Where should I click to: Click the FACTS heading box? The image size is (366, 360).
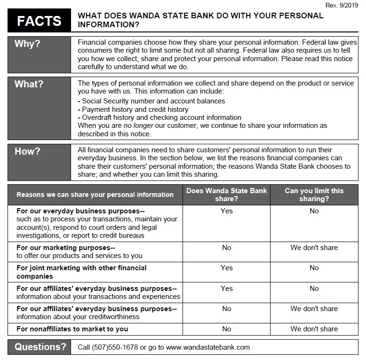(x=39, y=20)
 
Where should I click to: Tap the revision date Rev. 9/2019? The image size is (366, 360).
(x=342, y=5)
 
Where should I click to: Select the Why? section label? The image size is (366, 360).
(x=27, y=44)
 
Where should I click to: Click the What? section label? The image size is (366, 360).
(x=29, y=84)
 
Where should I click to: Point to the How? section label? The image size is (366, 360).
(x=27, y=151)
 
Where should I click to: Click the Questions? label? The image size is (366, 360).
(x=40, y=347)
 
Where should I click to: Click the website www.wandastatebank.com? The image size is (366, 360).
(x=207, y=347)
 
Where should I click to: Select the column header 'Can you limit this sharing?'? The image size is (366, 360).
(x=314, y=195)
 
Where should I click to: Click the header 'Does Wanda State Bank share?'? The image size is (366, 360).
(x=226, y=195)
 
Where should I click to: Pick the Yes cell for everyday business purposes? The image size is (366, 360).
(x=226, y=211)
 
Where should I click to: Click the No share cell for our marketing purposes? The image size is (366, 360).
(x=226, y=248)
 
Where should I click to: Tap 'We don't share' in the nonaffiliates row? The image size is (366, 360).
(x=314, y=329)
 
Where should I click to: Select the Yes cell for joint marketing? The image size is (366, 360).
(x=226, y=268)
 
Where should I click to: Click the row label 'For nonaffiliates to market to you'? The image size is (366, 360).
(x=72, y=329)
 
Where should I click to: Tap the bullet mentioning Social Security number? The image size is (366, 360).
(x=153, y=101)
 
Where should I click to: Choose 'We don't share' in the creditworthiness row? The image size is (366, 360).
(x=314, y=309)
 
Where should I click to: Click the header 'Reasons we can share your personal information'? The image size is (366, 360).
(x=95, y=195)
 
